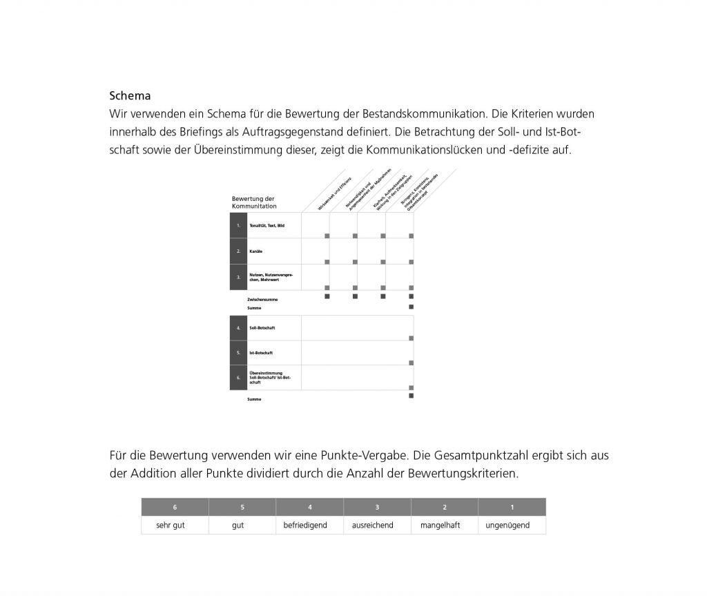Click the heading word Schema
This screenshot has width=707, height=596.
(130, 96)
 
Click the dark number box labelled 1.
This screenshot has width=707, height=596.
(238, 225)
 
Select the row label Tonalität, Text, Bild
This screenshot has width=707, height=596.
(267, 225)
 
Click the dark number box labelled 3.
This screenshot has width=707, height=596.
(238, 277)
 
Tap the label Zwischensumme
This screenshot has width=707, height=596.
(262, 299)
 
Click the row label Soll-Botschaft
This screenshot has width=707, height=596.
(262, 328)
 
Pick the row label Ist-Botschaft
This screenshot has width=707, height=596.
(260, 353)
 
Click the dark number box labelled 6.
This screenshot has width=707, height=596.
(238, 378)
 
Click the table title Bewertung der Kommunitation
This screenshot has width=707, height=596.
(253, 202)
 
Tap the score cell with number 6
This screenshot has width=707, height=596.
(175, 507)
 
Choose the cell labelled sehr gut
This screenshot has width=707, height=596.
(171, 525)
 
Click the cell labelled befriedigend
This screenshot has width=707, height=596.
(305, 525)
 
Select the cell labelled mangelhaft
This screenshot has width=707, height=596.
(440, 525)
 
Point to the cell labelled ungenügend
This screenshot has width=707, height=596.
(507, 525)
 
